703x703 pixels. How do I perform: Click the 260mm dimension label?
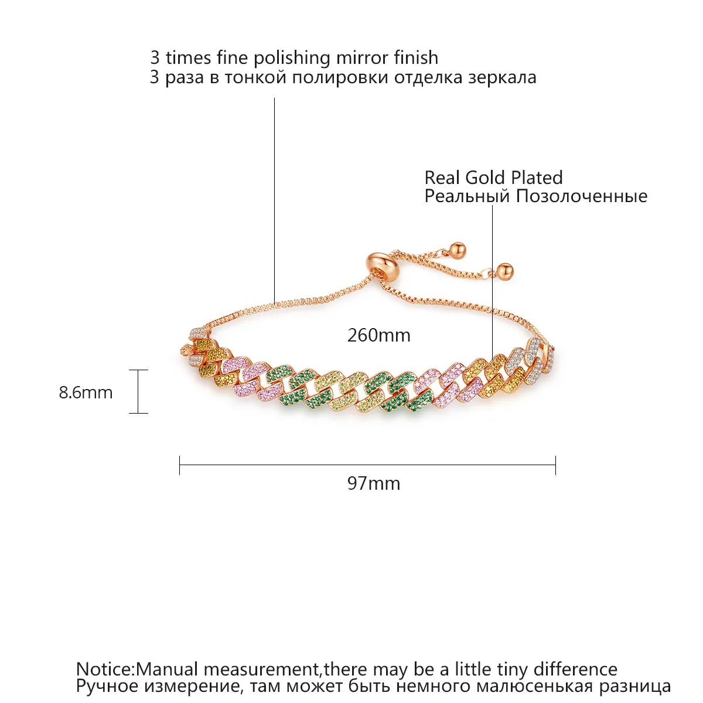(378, 335)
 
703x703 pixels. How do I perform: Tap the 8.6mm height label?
(86, 393)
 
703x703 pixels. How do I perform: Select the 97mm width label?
(374, 483)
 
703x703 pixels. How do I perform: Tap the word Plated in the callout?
(537, 178)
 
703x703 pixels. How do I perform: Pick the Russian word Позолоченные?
(581, 196)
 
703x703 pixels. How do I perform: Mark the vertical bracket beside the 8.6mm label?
(138, 391)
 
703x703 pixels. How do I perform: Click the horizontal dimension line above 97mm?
(367, 465)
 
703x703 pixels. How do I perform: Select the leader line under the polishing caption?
(274, 200)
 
